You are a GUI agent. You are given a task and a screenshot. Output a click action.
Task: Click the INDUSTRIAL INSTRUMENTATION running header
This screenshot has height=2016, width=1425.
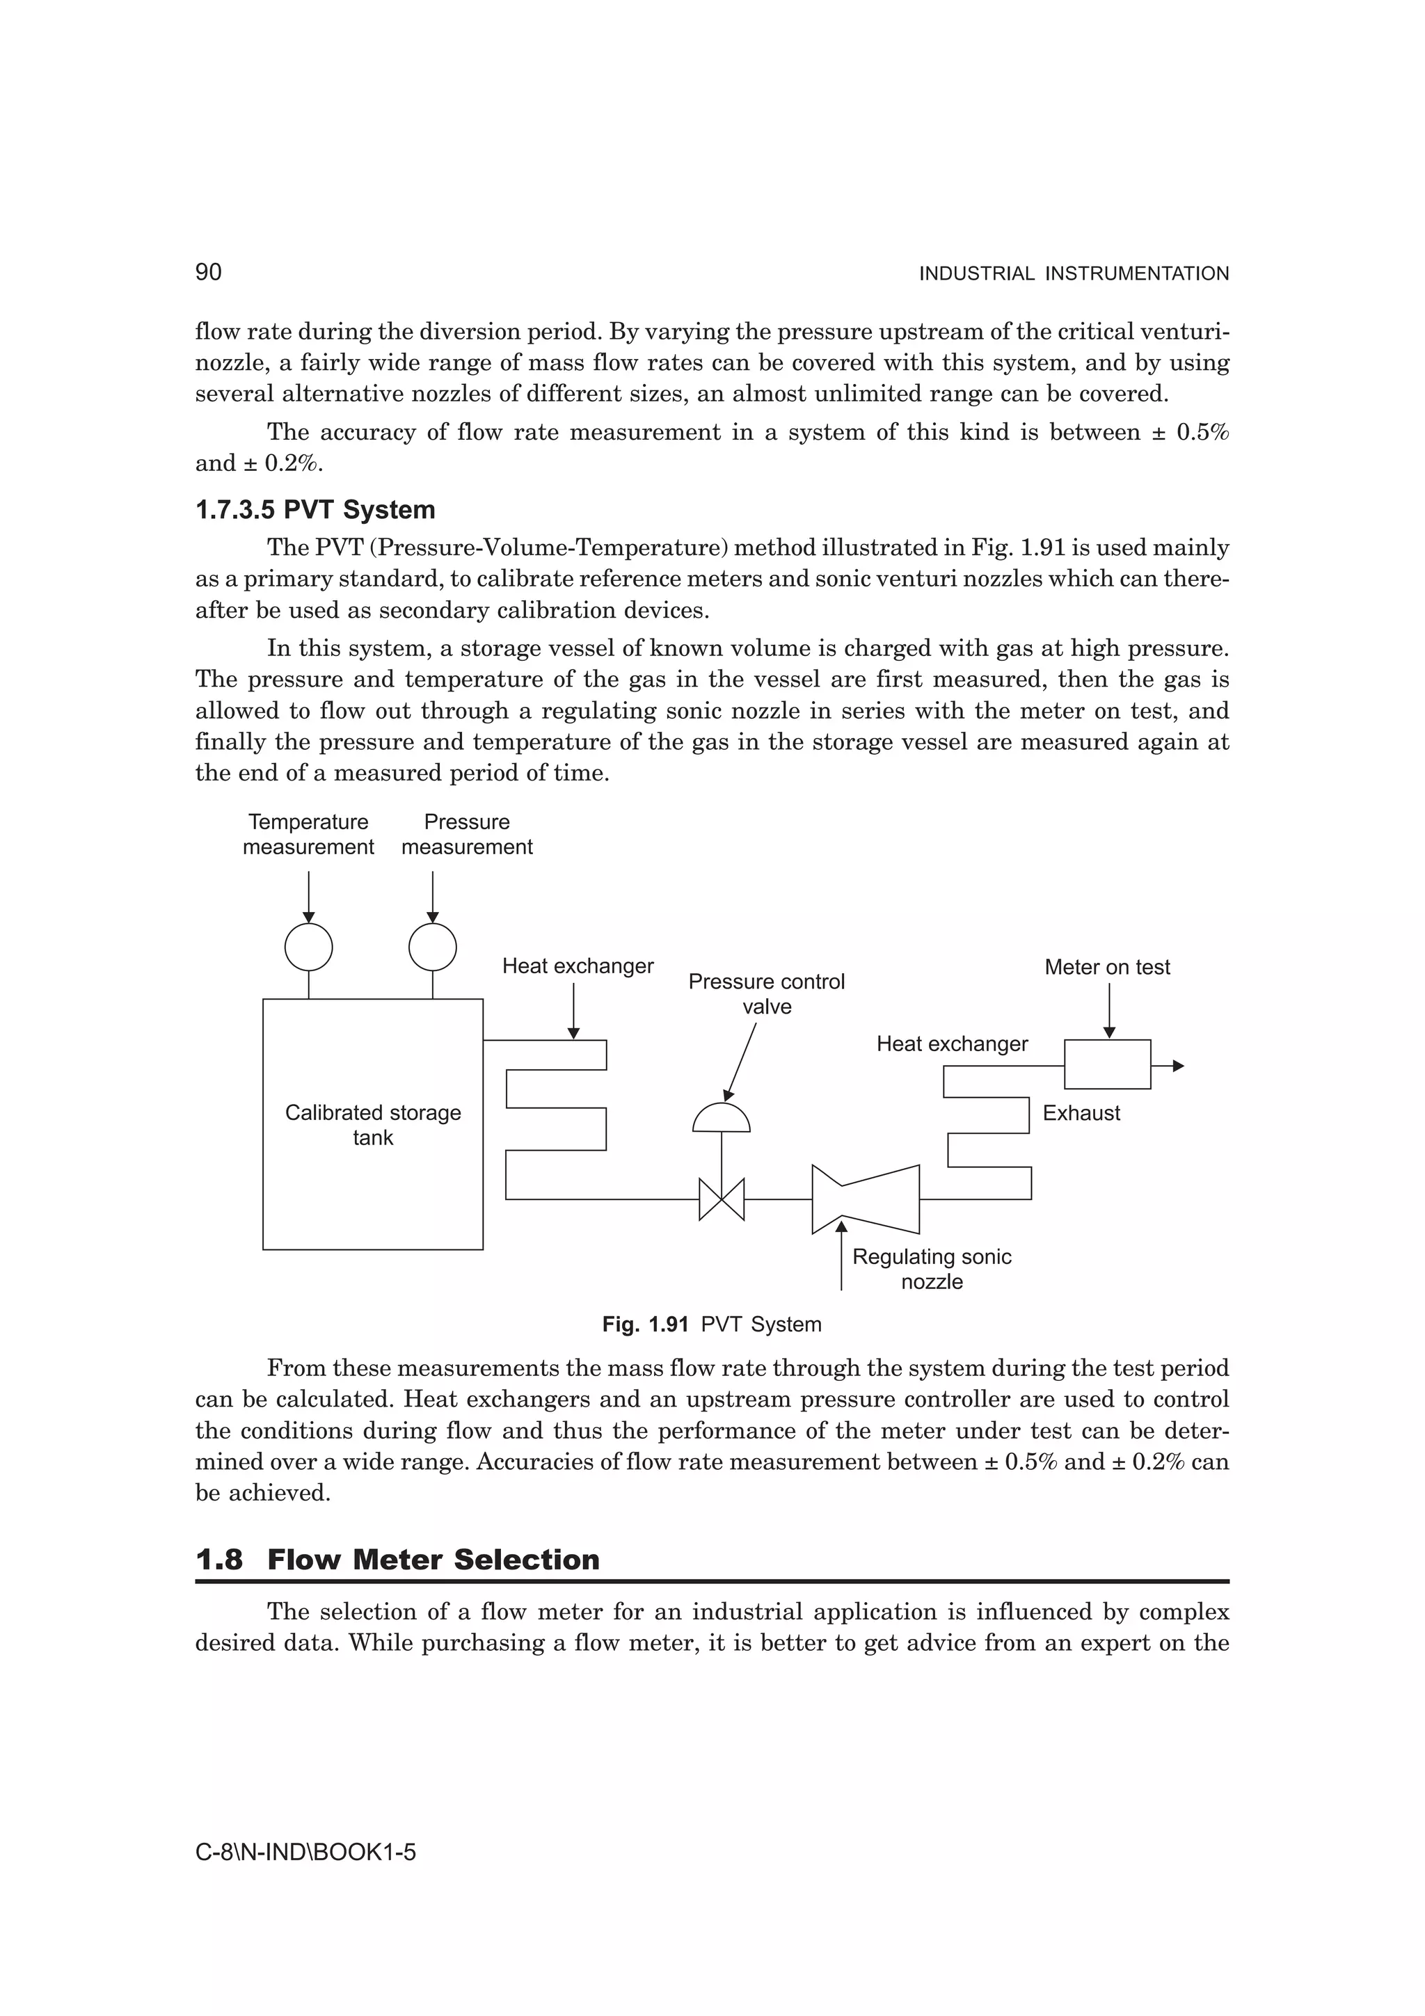(1073, 274)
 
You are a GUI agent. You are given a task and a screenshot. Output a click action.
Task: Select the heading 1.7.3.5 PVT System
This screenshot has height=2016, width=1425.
(315, 509)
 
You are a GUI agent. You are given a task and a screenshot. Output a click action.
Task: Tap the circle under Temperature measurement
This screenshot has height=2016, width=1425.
(308, 947)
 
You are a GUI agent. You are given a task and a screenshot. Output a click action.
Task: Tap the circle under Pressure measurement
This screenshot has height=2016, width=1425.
(432, 947)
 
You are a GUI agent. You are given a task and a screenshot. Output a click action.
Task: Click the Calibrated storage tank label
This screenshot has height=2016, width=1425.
(372, 1125)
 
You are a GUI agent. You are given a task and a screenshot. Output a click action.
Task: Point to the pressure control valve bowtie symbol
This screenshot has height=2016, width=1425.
(721, 1199)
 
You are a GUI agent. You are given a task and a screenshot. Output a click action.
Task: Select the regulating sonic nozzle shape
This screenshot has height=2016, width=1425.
(865, 1199)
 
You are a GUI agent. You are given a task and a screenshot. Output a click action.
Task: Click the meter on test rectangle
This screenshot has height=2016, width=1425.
(1106, 1064)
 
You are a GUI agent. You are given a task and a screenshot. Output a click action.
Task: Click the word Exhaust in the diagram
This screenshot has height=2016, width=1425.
(1081, 1112)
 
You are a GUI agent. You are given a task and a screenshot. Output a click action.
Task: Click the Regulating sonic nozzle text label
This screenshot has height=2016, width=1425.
(931, 1269)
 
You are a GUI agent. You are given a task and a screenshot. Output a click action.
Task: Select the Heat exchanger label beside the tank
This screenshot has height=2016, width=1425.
(577, 966)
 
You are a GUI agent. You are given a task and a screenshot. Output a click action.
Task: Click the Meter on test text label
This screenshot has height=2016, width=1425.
(1106, 967)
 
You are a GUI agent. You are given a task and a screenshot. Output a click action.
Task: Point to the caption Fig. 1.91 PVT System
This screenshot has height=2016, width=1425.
(711, 1324)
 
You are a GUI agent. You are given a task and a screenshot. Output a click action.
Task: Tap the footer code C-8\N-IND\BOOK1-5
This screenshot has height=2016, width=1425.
(305, 1853)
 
